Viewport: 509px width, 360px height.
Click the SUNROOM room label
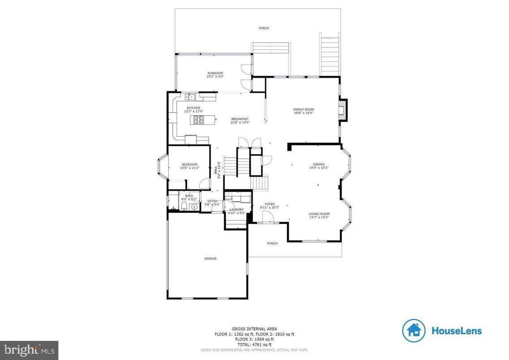tap(215, 73)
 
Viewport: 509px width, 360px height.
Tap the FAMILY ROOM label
tap(304, 110)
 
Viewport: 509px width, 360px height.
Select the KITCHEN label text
tap(193, 108)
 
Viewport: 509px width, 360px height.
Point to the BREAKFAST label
tap(240, 119)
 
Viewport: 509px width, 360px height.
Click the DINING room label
tap(319, 164)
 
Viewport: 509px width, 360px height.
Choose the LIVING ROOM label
tap(319, 214)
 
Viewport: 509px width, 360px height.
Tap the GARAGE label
tap(210, 258)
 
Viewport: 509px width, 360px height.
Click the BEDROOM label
tap(189, 164)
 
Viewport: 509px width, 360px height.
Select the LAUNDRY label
tap(236, 210)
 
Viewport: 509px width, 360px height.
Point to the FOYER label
tap(269, 204)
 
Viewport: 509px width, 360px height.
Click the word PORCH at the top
tap(264, 28)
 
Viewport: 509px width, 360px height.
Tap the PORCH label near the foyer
tap(272, 244)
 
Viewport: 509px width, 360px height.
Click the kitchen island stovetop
tap(199, 119)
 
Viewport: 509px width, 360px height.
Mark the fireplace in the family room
tap(343, 110)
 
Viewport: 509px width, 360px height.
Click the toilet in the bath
tap(183, 206)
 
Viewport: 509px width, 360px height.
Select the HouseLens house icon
tap(414, 330)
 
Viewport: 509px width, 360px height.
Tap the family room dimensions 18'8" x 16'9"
tap(304, 113)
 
